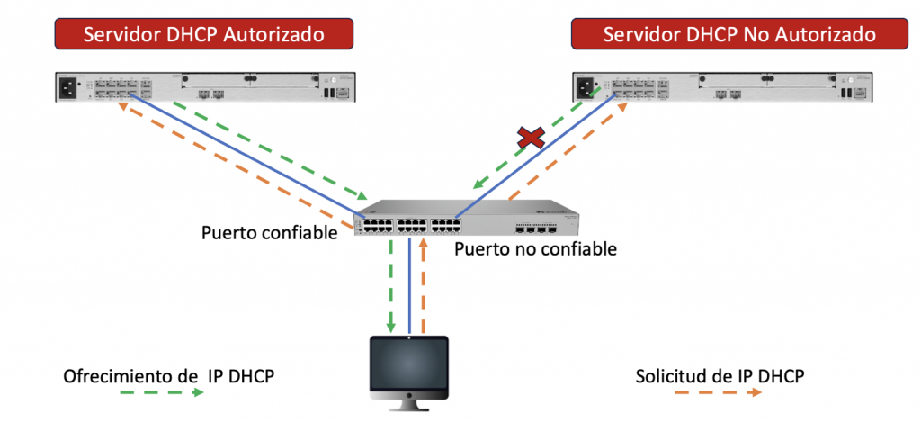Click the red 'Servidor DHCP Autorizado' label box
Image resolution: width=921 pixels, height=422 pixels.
click(x=203, y=34)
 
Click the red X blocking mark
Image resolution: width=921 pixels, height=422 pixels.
click(x=532, y=138)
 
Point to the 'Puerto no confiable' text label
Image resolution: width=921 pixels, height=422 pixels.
click(x=535, y=249)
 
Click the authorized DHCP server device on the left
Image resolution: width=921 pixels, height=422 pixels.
click(x=208, y=87)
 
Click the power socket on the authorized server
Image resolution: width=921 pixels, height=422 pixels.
click(x=69, y=87)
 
